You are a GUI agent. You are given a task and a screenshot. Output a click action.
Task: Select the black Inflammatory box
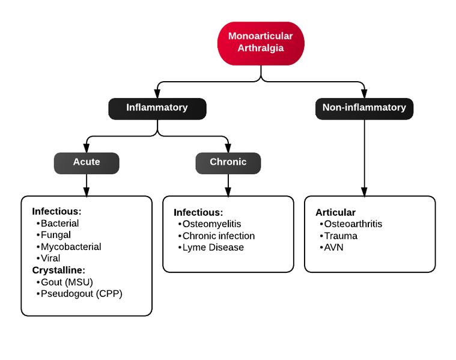(x=157, y=108)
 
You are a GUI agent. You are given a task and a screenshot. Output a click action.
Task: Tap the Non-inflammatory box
(x=364, y=108)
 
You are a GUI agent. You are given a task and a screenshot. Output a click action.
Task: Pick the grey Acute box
(x=87, y=162)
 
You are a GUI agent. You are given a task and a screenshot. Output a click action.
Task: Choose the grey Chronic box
(x=228, y=162)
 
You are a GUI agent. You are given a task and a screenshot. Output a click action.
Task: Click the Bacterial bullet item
(x=59, y=223)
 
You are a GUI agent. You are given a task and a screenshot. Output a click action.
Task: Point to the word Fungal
(x=55, y=235)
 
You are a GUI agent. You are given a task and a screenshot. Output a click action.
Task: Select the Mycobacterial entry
(x=70, y=246)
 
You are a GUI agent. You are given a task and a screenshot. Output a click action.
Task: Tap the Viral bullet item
(x=50, y=258)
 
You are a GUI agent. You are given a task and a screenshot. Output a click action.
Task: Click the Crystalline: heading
(x=59, y=270)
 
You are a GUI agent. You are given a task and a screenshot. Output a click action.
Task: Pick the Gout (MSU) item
(x=67, y=282)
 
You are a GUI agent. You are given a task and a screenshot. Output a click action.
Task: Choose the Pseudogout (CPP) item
(x=81, y=293)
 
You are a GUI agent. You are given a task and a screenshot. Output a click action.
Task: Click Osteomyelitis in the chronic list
(x=211, y=224)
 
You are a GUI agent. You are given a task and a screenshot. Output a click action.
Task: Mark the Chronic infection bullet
(x=219, y=236)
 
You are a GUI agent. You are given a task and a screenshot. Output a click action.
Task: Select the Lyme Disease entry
(x=213, y=248)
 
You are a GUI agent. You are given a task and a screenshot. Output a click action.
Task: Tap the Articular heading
(x=335, y=212)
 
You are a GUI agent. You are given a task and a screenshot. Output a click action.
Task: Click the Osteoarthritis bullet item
(x=353, y=224)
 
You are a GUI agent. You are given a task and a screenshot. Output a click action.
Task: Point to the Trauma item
(x=341, y=236)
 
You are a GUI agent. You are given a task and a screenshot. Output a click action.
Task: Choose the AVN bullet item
(x=333, y=248)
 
